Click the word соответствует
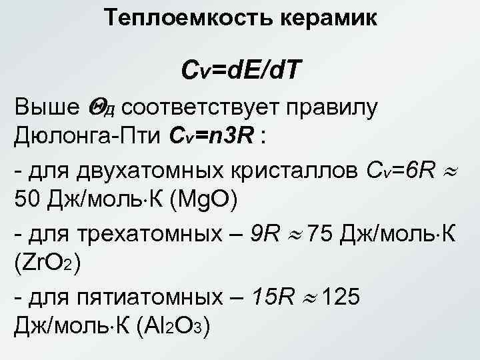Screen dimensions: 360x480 coord(221,107)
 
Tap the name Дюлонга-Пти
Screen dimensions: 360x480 coord(81,138)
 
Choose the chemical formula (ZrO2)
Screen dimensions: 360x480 coord(47,265)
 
